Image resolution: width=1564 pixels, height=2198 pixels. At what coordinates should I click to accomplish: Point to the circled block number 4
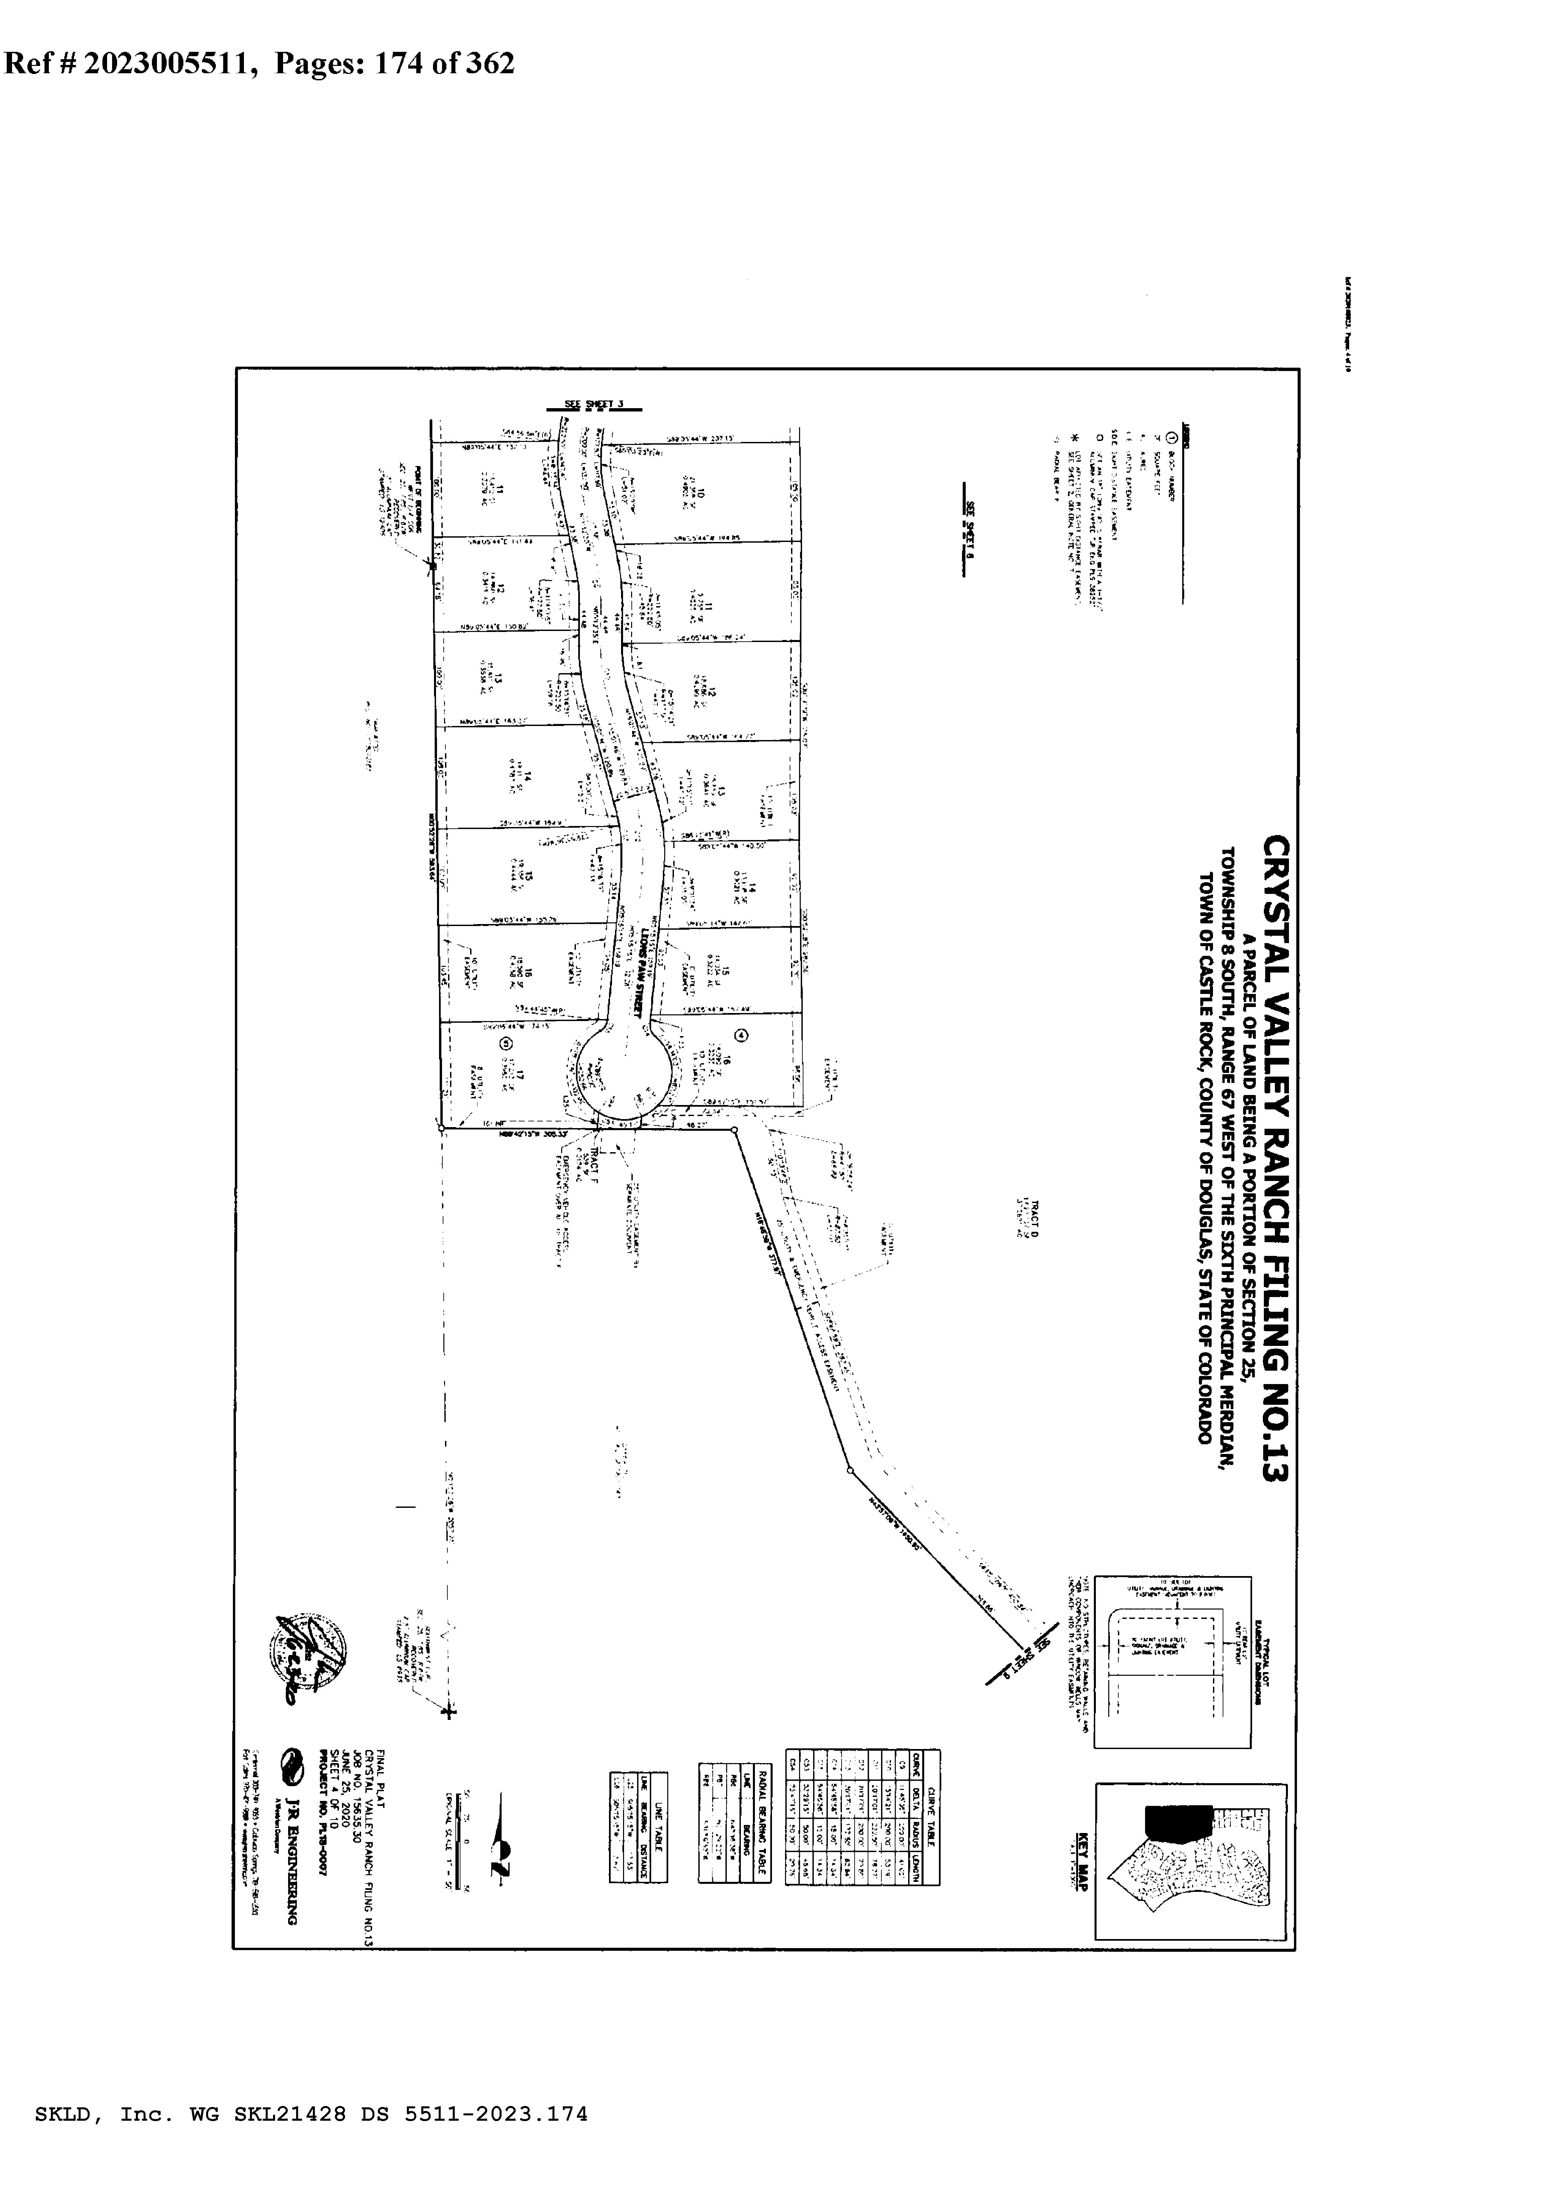tap(741, 1035)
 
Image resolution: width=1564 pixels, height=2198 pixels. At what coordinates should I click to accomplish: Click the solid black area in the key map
tap(1177, 1820)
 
